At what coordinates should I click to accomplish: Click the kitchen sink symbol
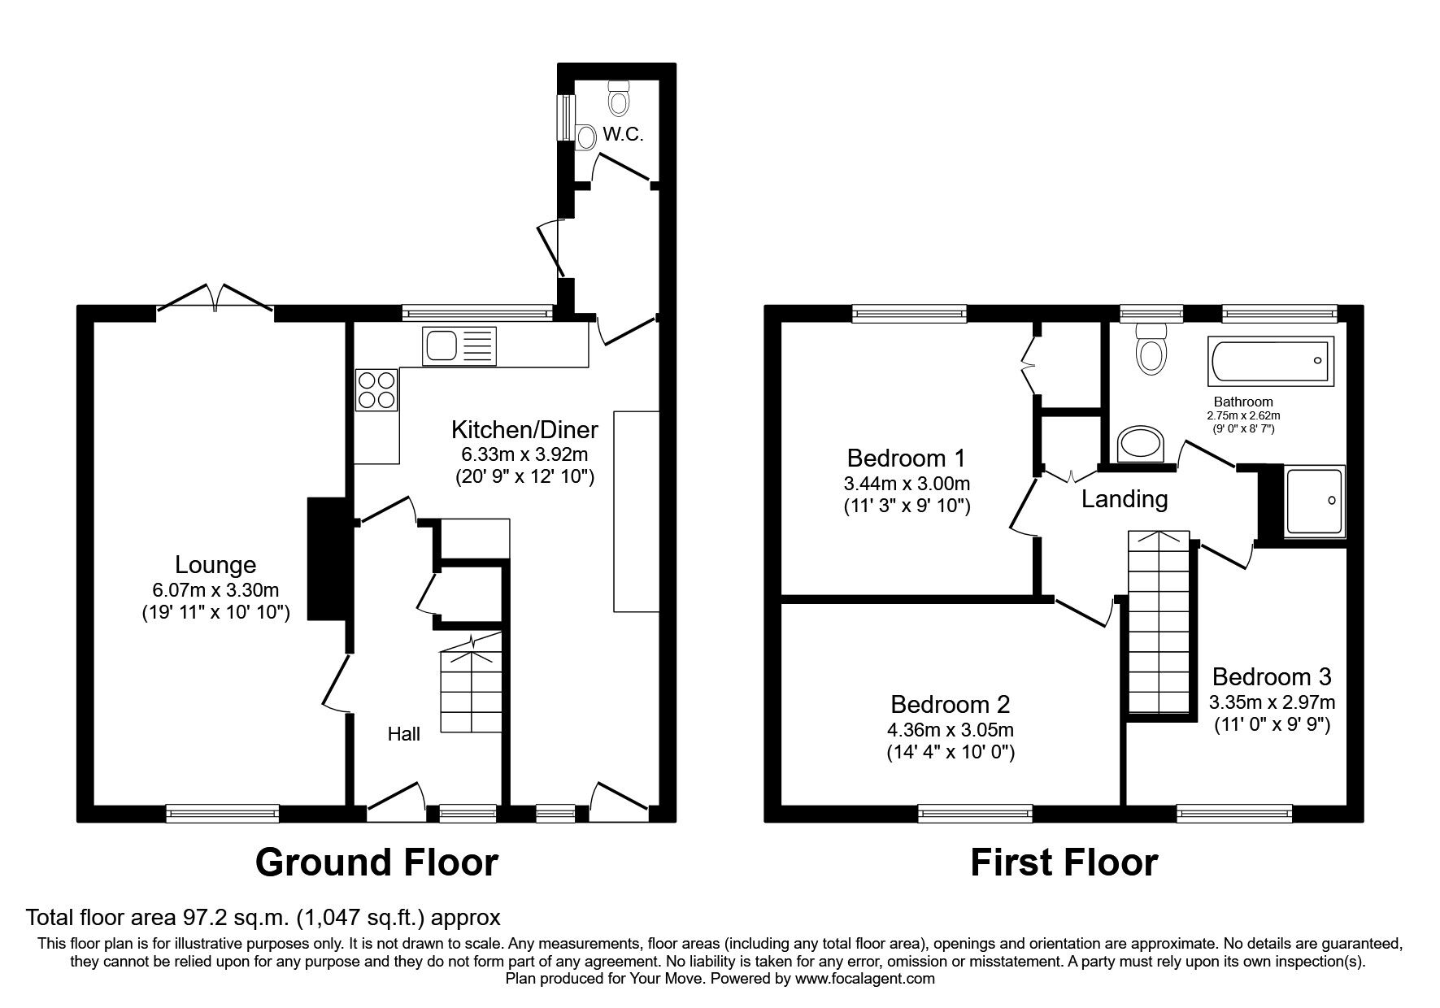pyautogui.click(x=458, y=346)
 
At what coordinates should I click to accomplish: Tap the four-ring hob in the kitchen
pyautogui.click(x=376, y=389)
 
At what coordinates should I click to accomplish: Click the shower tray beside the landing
pyautogui.click(x=1314, y=501)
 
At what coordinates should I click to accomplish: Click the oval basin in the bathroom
pyautogui.click(x=1141, y=445)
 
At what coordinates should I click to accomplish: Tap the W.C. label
pyautogui.click(x=623, y=135)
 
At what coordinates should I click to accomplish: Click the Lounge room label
pyautogui.click(x=215, y=564)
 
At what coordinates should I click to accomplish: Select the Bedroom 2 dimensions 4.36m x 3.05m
pyautogui.click(x=950, y=730)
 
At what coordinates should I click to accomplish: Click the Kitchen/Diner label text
pyautogui.click(x=524, y=429)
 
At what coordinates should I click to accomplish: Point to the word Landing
pyautogui.click(x=1124, y=499)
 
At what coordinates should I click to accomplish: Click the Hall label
pyautogui.click(x=403, y=734)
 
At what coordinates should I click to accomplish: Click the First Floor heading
pyautogui.click(x=1064, y=862)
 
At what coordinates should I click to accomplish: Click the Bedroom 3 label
pyautogui.click(x=1271, y=676)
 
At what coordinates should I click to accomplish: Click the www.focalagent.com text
pyautogui.click(x=864, y=979)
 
